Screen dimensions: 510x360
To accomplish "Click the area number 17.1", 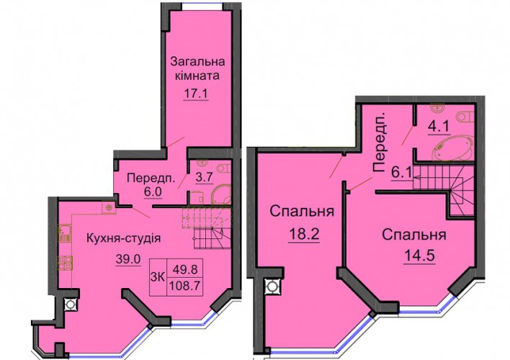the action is pos(196,94).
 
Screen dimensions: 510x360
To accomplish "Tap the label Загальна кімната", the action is pos(197,68).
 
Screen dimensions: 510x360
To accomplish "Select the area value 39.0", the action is pos(128,259).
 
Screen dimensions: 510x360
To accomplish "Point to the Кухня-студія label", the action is pos(124,238).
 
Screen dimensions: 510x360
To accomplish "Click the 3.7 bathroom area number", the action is pos(204,178).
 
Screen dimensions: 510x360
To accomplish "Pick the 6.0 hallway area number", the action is pos(153,192).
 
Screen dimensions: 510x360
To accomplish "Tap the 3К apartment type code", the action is pos(158,277).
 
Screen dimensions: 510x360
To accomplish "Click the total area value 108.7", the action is pos(184,286).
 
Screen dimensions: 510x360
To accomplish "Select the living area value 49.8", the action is pos(184,269).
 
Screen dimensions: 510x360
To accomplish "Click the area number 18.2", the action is pos(304,234).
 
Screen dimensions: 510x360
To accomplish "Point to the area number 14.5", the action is pos(419,256).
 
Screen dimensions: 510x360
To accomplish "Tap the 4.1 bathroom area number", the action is pos(442,126).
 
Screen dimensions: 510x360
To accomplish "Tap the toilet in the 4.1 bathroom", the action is pos(465,117).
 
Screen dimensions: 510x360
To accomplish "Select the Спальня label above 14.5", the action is pos(413,235).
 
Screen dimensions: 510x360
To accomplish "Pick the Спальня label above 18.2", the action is pos(302,212).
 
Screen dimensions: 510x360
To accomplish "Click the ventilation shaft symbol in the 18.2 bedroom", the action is pos(272,287).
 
